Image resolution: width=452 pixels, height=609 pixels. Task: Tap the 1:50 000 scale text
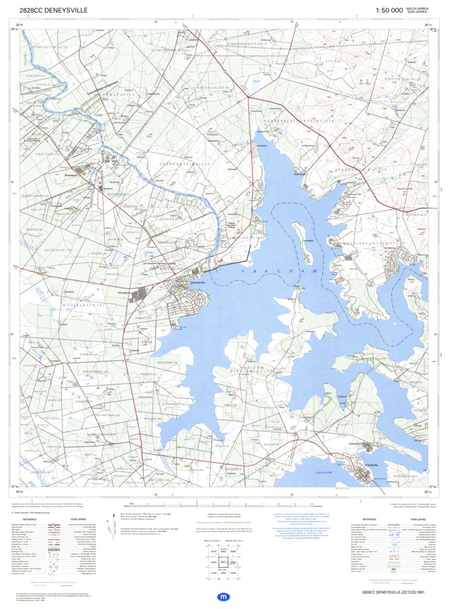(x=389, y=10)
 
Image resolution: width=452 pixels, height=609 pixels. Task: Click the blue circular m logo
(x=224, y=596)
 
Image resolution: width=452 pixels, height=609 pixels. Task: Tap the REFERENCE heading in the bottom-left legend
(x=30, y=519)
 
